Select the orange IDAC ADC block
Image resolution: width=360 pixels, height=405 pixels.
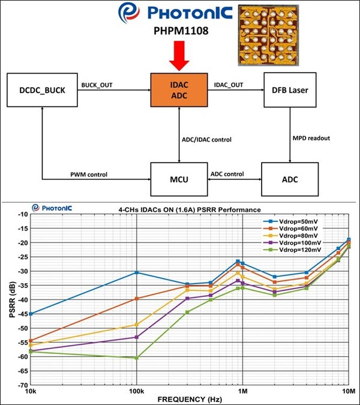tap(180, 91)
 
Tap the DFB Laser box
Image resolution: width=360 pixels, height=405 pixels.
tap(291, 91)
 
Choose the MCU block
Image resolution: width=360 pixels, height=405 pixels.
tap(180, 179)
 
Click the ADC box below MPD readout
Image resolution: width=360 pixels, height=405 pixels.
tap(291, 179)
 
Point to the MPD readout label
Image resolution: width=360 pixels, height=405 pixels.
tap(311, 139)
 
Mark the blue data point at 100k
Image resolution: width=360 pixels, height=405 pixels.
tap(137, 272)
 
